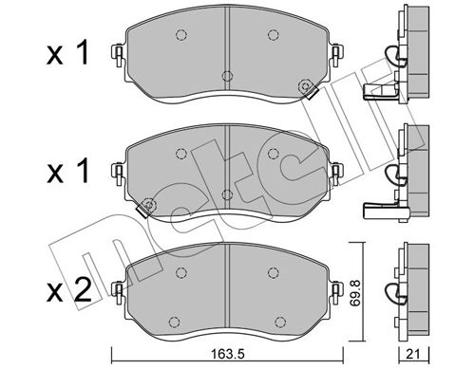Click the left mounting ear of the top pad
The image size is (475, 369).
118,56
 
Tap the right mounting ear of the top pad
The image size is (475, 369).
334,56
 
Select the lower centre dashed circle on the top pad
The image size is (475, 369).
226,77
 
